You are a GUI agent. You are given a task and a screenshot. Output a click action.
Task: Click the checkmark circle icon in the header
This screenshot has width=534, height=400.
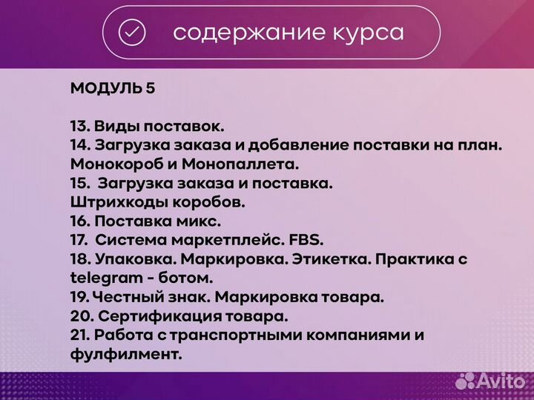pyautogui.click(x=132, y=33)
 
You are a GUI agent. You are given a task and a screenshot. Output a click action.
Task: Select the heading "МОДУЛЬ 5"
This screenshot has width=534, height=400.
pyautogui.click(x=113, y=88)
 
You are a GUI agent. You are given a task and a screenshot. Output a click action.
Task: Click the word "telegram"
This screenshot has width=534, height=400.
pyautogui.click(x=106, y=279)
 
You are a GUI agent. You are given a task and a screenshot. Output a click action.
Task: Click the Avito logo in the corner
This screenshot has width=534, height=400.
pyautogui.click(x=490, y=380)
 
